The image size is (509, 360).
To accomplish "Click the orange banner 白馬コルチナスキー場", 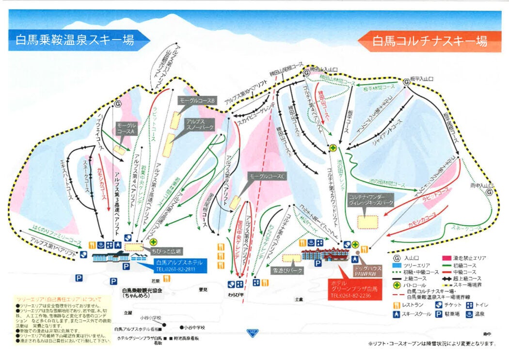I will tap(430, 41).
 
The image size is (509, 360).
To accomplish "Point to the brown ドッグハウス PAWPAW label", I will tap(368, 270).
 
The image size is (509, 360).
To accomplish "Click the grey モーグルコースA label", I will tap(127, 128).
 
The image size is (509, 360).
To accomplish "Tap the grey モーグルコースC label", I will tap(267, 177).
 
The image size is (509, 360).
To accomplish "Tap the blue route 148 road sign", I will tap(252, 332).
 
